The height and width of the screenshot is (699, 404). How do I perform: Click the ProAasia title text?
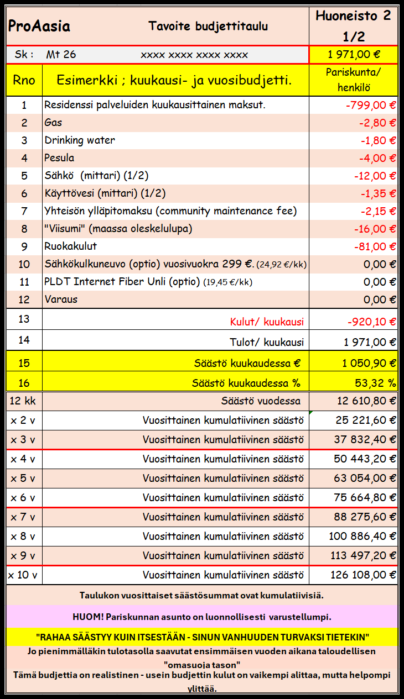click(39, 27)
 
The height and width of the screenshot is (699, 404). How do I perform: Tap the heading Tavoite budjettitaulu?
click(208, 26)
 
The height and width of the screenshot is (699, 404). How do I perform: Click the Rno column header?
click(24, 80)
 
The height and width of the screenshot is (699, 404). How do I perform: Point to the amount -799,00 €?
click(370, 105)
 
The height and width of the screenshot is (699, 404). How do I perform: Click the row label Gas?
click(53, 123)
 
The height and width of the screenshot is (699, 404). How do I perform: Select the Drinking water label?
click(80, 140)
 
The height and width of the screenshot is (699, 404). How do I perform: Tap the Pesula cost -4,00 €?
click(377, 158)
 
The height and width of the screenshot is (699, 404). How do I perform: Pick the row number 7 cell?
click(24, 211)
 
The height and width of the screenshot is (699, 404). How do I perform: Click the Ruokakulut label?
click(70, 246)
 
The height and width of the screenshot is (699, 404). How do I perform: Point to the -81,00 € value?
click(375, 246)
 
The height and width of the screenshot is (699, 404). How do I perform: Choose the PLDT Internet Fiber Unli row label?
click(122, 282)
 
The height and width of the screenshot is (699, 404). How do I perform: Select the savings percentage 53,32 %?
click(375, 382)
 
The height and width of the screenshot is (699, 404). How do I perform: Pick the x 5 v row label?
click(23, 479)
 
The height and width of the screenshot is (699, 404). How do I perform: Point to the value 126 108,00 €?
click(363, 575)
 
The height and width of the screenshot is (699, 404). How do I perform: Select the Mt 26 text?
click(61, 55)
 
